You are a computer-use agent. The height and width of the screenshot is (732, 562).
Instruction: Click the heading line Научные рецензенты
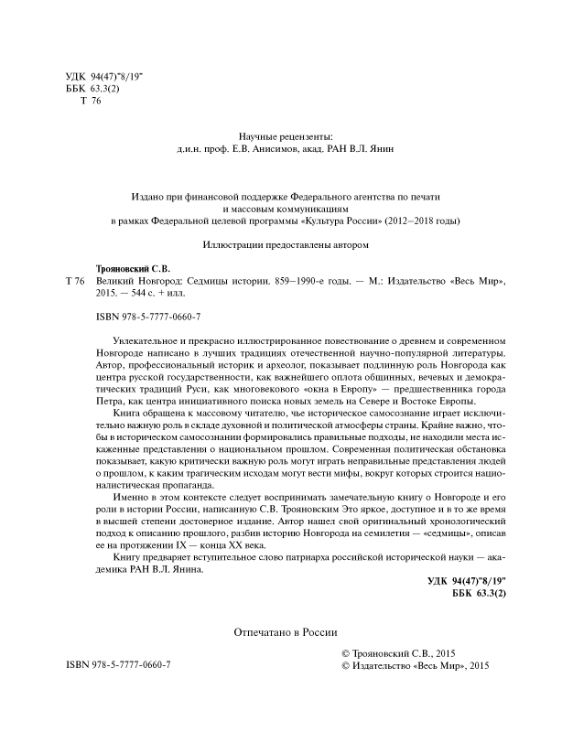click(281, 133)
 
